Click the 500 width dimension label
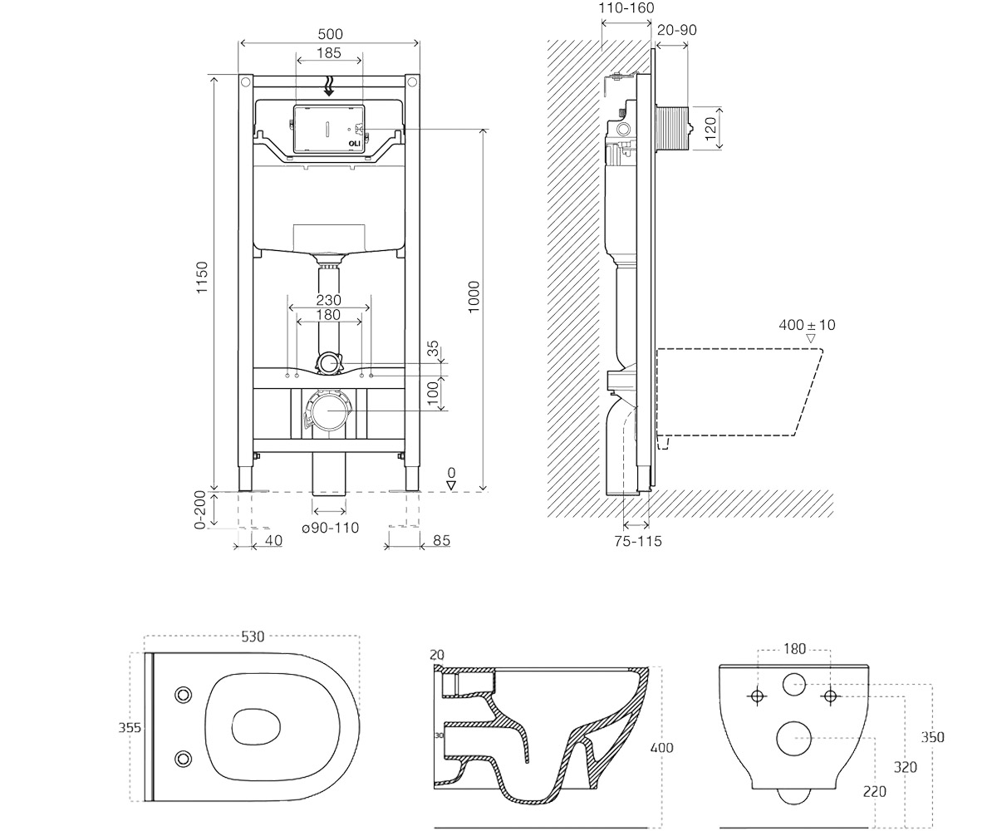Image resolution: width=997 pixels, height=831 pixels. pyautogui.click(x=330, y=34)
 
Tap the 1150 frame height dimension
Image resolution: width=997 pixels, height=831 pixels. pyautogui.click(x=203, y=278)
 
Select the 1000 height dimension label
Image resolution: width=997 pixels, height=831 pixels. pyautogui.click(x=473, y=297)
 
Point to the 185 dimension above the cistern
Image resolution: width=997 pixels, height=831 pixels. pyautogui.click(x=329, y=52)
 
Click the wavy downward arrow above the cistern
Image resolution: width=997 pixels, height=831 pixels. pyautogui.click(x=328, y=86)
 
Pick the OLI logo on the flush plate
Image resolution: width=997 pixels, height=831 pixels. pyautogui.click(x=354, y=143)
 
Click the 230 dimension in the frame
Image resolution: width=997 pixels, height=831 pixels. pyautogui.click(x=328, y=300)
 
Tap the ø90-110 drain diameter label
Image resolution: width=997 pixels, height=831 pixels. pyautogui.click(x=331, y=528)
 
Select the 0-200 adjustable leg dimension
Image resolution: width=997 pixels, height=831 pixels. pyautogui.click(x=200, y=509)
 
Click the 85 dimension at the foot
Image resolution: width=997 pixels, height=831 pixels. pyautogui.click(x=442, y=540)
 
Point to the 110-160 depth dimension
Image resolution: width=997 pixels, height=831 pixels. pyautogui.click(x=626, y=7)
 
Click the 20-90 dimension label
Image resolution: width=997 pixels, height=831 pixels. pyautogui.click(x=676, y=30)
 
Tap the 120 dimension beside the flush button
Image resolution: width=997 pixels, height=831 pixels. pyautogui.click(x=710, y=129)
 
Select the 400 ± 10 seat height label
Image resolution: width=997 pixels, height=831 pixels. pyautogui.click(x=807, y=325)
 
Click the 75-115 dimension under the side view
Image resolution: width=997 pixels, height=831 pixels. pyautogui.click(x=638, y=541)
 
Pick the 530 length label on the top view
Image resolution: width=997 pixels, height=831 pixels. pyautogui.click(x=253, y=637)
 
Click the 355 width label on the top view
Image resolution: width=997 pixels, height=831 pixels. pyautogui.click(x=130, y=727)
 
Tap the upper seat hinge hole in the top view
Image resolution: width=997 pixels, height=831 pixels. pyautogui.click(x=183, y=695)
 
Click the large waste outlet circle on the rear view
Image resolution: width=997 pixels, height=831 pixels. pyautogui.click(x=794, y=739)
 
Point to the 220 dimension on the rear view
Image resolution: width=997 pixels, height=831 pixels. pyautogui.click(x=875, y=791)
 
